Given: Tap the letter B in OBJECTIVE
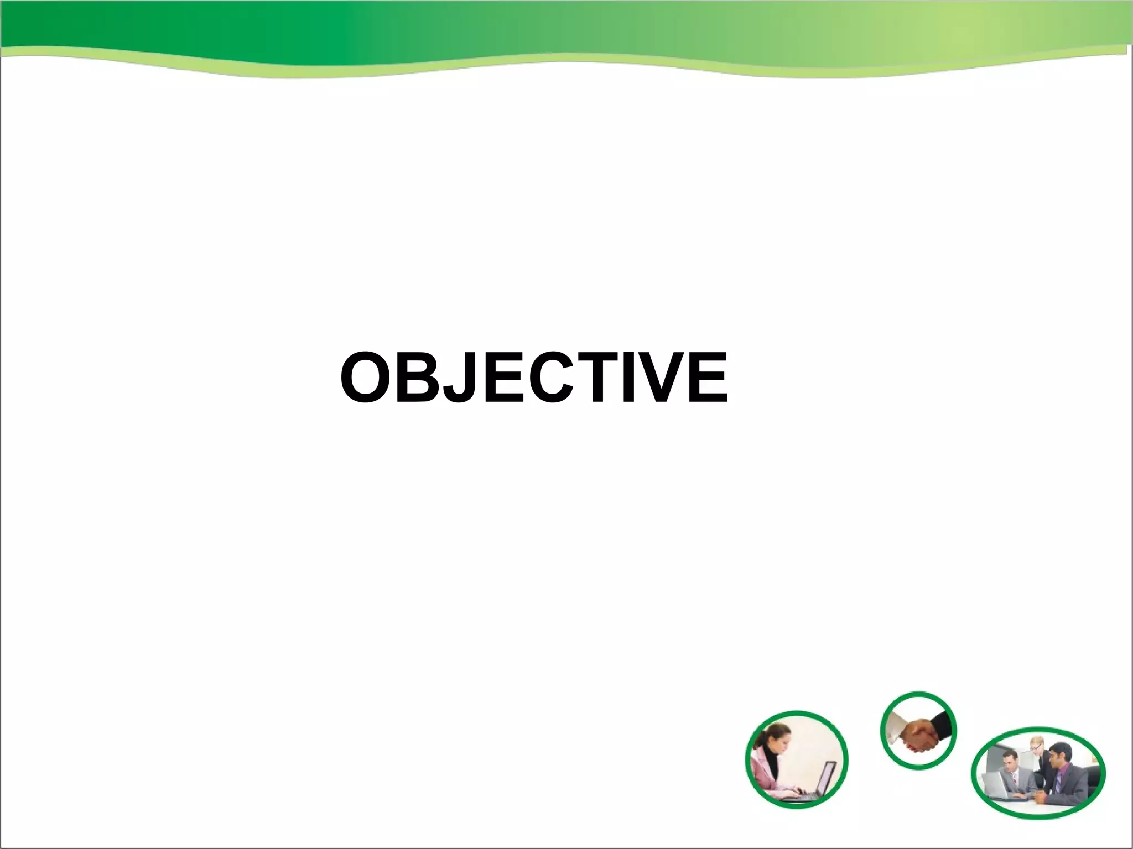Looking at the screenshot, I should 420,378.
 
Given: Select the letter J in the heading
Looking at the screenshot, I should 462,378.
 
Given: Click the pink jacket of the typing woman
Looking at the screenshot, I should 766,774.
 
